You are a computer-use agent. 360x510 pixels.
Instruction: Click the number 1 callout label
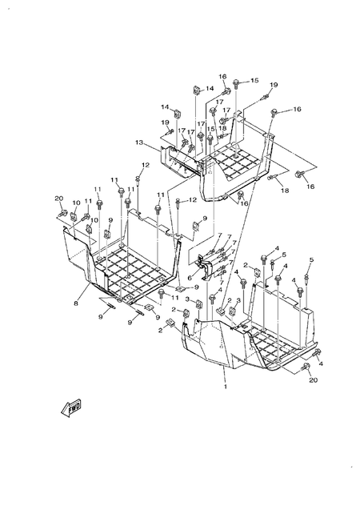point(225,387)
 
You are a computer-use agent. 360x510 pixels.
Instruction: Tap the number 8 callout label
point(75,303)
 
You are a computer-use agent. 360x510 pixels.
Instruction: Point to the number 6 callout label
point(190,278)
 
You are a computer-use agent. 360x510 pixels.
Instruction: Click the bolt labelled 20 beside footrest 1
point(307,367)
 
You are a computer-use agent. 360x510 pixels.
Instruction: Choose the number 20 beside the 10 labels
point(58,199)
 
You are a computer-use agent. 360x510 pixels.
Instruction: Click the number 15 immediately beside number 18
point(211,130)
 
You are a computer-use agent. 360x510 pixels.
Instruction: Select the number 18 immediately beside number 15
point(222,127)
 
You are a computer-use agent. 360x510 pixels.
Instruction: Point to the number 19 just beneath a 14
point(165,122)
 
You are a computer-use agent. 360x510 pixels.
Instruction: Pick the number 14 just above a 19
point(164,107)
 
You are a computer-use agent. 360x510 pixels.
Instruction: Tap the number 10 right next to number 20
point(76,203)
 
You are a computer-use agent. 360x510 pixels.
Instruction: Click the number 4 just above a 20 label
point(322,363)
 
